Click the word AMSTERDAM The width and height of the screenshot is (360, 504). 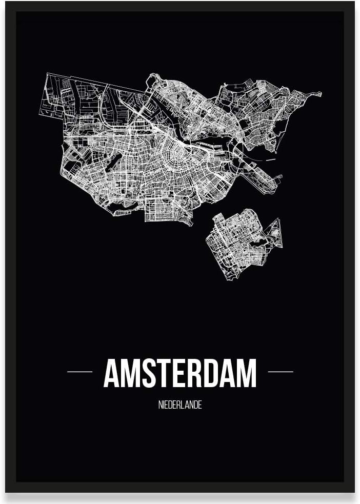(x=180, y=373)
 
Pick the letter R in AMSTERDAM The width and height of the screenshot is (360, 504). (x=194, y=373)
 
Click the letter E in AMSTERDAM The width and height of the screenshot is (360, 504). (x=179, y=373)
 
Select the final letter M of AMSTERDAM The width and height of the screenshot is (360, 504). (x=247, y=373)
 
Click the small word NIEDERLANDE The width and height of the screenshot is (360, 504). (x=180, y=405)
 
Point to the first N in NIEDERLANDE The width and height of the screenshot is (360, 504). (x=161, y=405)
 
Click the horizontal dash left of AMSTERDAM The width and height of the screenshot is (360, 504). (x=79, y=371)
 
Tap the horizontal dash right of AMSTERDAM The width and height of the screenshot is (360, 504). (x=281, y=371)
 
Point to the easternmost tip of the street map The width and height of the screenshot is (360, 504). (x=321, y=94)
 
